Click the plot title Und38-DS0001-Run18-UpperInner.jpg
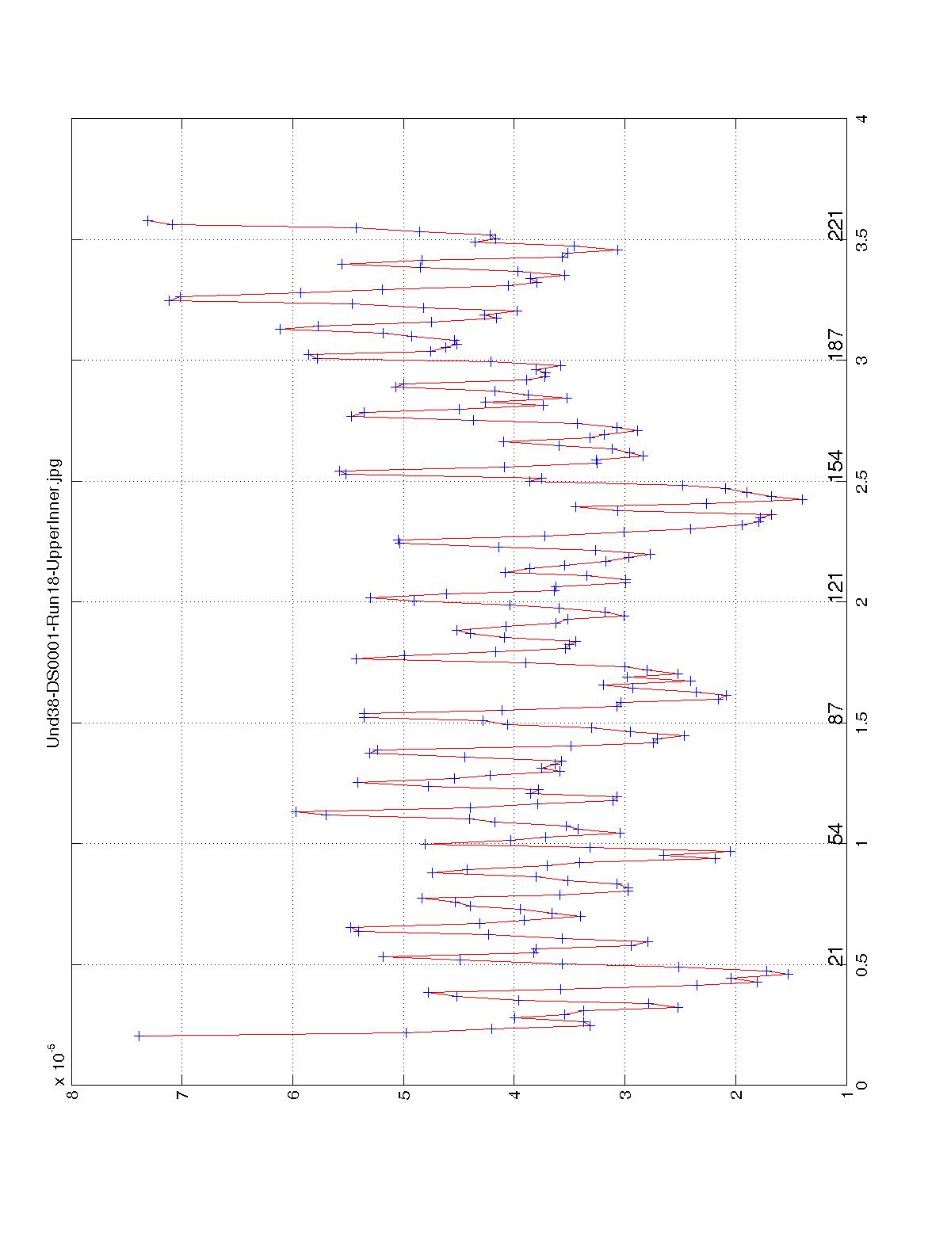click(x=54, y=602)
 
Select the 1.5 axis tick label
click(x=860, y=723)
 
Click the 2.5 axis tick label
click(x=860, y=481)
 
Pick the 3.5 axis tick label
click(x=860, y=239)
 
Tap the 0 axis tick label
click(x=860, y=1085)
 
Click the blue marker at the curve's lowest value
click(x=803, y=499)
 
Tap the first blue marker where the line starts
click(x=138, y=1036)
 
